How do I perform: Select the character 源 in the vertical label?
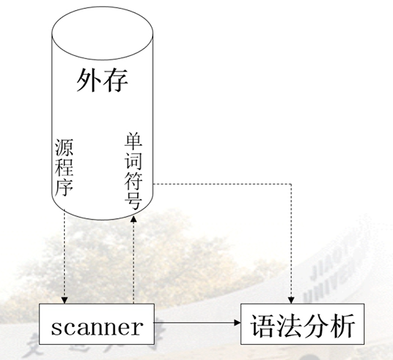point(64,148)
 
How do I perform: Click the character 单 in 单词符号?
point(134,141)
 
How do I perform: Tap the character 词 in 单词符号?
point(134,161)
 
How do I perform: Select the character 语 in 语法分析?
point(263,326)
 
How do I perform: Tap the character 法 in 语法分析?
point(289,326)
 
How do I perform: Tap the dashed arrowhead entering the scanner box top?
point(64,300)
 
